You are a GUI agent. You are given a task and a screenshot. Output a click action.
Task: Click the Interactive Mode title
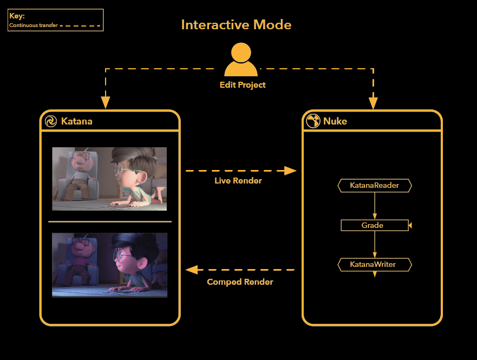(x=236, y=25)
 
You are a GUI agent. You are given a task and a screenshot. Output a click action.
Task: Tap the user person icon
(x=241, y=61)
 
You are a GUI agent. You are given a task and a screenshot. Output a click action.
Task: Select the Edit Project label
(x=243, y=85)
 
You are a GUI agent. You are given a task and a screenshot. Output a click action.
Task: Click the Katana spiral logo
(x=51, y=121)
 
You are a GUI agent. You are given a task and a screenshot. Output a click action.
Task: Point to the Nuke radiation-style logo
(x=313, y=121)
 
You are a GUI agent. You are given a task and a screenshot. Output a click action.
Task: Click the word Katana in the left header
(x=76, y=121)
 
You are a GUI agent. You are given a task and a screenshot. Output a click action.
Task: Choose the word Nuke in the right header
(x=335, y=121)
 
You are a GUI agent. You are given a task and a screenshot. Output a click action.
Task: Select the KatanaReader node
(x=375, y=186)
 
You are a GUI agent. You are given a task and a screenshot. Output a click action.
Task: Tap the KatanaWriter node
(x=375, y=265)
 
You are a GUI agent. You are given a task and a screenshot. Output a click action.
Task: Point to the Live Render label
(x=238, y=181)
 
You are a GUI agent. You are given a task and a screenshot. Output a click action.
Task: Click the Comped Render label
(x=240, y=282)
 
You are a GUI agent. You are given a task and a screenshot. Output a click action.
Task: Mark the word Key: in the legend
(x=17, y=16)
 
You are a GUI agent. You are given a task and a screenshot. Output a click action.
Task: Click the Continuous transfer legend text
(x=33, y=25)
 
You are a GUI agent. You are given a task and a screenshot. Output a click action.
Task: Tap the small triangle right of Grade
(x=411, y=225)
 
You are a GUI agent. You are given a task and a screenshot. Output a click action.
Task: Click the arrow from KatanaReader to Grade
(x=375, y=206)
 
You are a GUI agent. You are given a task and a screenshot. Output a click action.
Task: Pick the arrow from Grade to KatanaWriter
(x=375, y=245)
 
